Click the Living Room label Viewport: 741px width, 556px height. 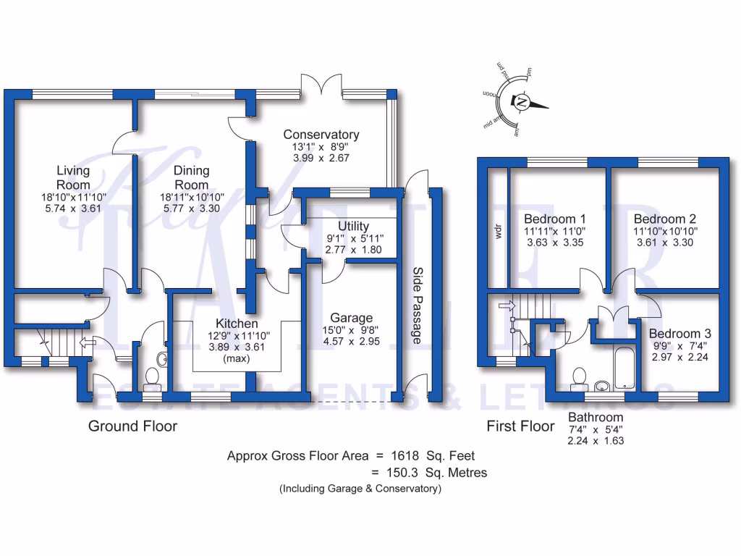(74, 177)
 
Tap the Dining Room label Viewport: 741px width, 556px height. (192, 177)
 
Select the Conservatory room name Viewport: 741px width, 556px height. (321, 135)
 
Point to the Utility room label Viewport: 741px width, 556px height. (354, 227)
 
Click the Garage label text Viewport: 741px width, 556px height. (351, 318)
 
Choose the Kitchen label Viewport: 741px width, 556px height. (234, 324)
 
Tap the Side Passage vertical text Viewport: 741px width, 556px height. (418, 305)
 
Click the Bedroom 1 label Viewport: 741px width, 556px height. (555, 219)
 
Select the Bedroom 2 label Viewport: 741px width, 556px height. (664, 219)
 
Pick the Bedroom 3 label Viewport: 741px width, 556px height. (679, 334)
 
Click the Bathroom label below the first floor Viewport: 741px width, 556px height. (595, 418)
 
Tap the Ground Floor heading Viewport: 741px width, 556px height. (132, 426)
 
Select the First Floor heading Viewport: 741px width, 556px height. (520, 426)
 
